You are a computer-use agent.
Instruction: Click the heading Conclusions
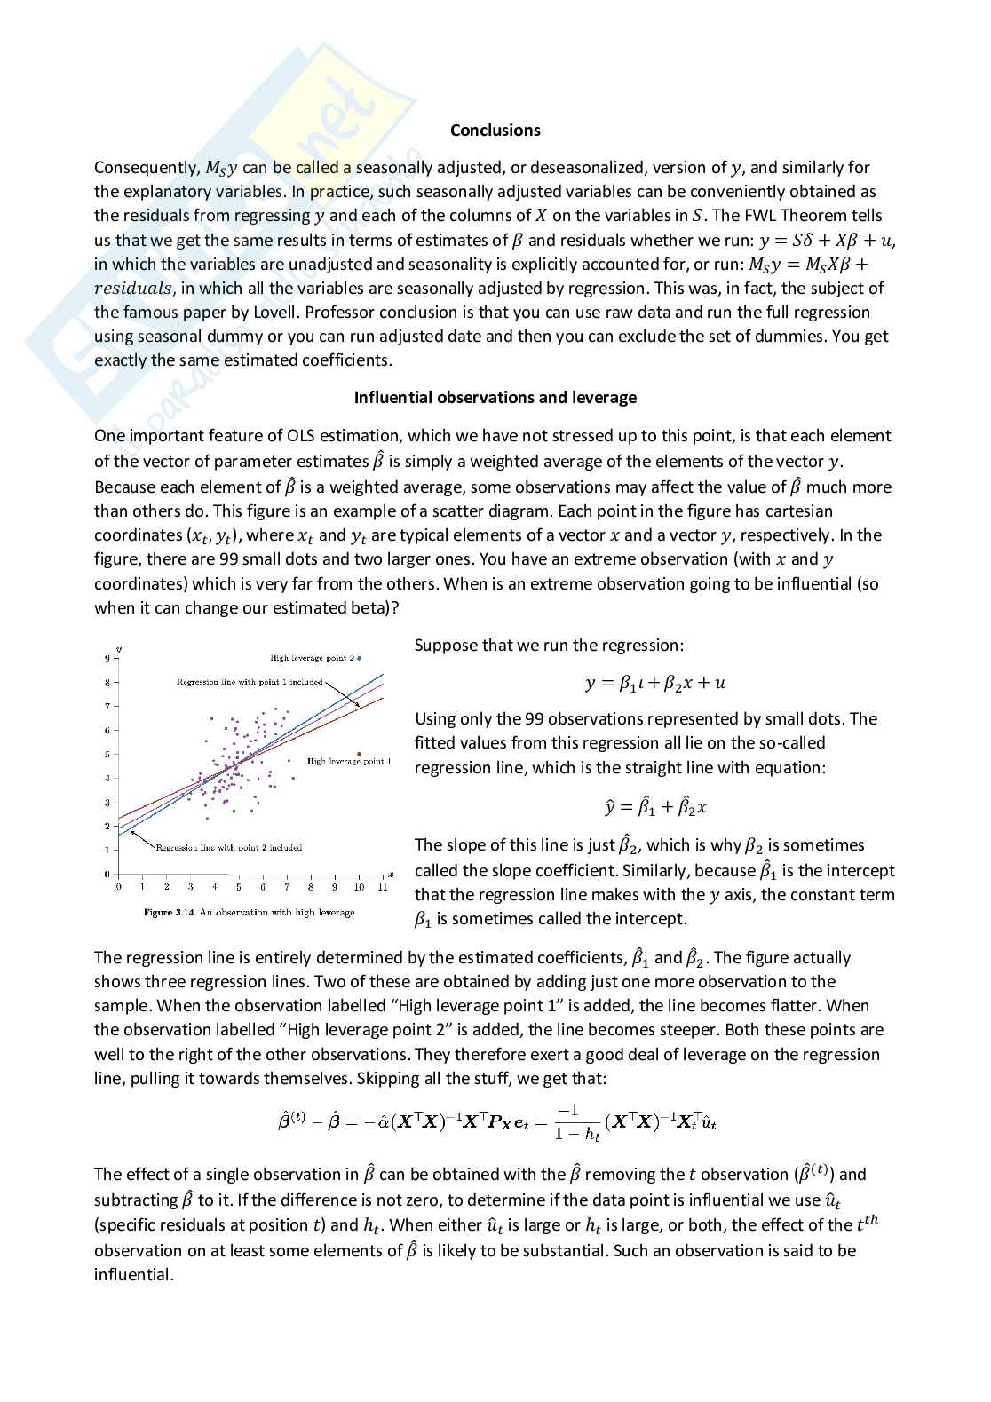495,131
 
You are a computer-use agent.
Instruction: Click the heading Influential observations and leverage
495,398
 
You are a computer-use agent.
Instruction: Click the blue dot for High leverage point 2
359,658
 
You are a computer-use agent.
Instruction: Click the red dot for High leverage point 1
358,754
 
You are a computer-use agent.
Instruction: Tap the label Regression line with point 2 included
228,847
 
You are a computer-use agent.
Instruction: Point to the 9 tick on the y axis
107,659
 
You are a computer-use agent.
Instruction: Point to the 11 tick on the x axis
383,886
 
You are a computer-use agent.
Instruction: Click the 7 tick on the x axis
287,886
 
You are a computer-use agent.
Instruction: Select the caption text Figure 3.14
169,912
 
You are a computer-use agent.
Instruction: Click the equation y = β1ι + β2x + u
654,683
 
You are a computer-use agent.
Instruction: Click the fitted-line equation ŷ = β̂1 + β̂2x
654,807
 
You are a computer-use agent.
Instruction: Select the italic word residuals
133,289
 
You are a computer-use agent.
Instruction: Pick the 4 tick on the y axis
107,779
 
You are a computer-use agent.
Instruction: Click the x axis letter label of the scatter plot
391,874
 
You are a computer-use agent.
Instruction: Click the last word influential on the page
133,1275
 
